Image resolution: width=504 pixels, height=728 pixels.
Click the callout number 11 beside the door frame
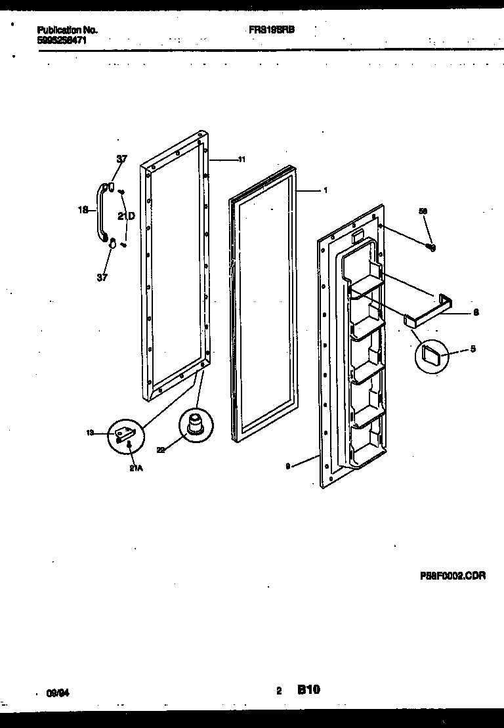click(x=241, y=160)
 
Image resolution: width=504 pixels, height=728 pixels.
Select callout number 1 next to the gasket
click(x=325, y=191)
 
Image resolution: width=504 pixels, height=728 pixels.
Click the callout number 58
click(x=423, y=211)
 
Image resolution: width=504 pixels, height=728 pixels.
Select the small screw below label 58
click(x=431, y=247)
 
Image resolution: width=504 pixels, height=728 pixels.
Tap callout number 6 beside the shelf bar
click(x=476, y=312)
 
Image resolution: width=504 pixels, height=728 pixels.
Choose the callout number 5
click(x=473, y=349)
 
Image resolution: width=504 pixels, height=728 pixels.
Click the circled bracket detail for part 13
click(x=126, y=434)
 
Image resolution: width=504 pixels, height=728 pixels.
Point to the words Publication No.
click(x=68, y=30)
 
